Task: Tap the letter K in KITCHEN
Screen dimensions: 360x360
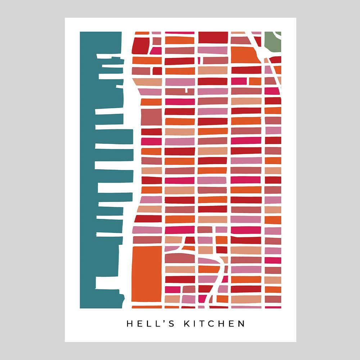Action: [x=187, y=324]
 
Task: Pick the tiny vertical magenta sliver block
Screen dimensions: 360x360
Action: [x=199, y=60]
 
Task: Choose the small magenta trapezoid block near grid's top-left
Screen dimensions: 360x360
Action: [x=156, y=51]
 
